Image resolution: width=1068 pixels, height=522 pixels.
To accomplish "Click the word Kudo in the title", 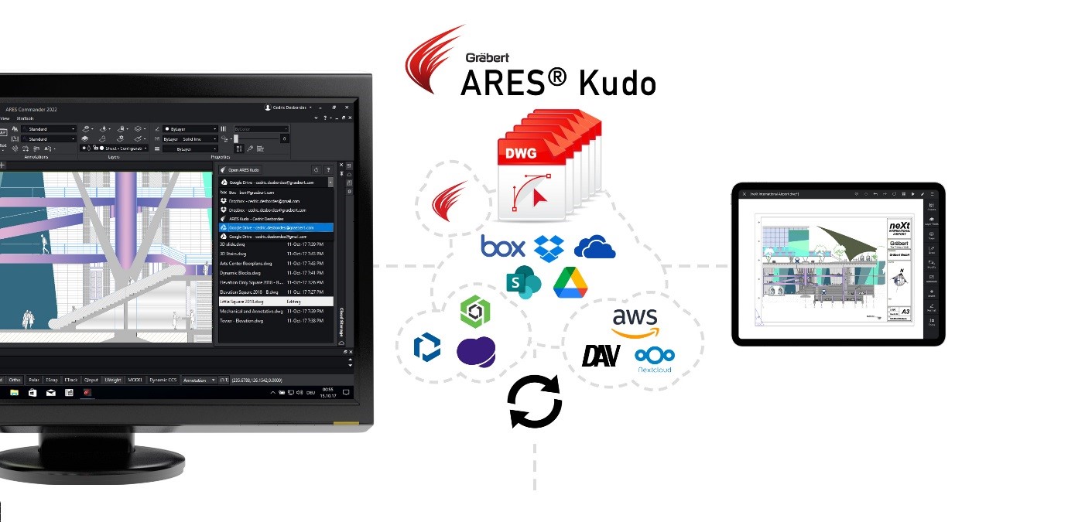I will (x=616, y=82).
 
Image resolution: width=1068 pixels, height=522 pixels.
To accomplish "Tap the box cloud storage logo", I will (x=502, y=247).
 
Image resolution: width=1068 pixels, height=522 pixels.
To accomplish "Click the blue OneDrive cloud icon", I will (x=594, y=247).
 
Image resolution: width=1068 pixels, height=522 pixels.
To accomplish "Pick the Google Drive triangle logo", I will (x=570, y=281).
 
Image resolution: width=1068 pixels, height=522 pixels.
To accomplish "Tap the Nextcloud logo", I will (x=655, y=359).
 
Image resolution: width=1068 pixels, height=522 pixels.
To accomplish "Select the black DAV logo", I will (x=601, y=356).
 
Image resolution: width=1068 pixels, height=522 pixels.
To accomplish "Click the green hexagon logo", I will (x=475, y=312).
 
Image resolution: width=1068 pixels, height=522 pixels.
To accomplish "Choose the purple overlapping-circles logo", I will (x=475, y=352).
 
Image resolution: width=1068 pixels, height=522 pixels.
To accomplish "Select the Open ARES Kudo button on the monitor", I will (x=244, y=169).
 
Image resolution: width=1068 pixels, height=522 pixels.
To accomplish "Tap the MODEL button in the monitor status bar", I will (x=135, y=380).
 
